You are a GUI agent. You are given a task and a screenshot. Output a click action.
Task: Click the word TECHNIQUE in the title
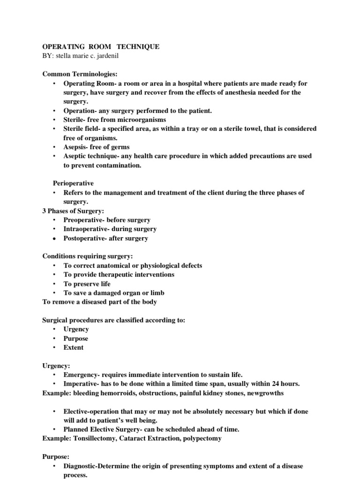pyautogui.click(x=137, y=47)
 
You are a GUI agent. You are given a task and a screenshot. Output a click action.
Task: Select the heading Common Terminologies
pyautogui.click(x=80, y=74)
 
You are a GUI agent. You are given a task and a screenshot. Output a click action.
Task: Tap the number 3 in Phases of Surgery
pyautogui.click(x=45, y=210)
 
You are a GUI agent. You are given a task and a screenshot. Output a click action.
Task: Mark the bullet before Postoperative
pyautogui.click(x=54, y=238)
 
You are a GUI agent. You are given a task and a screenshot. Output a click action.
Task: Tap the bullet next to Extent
pyautogui.click(x=54, y=347)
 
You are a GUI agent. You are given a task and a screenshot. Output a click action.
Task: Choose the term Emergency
pyautogui.click(x=81, y=375)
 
